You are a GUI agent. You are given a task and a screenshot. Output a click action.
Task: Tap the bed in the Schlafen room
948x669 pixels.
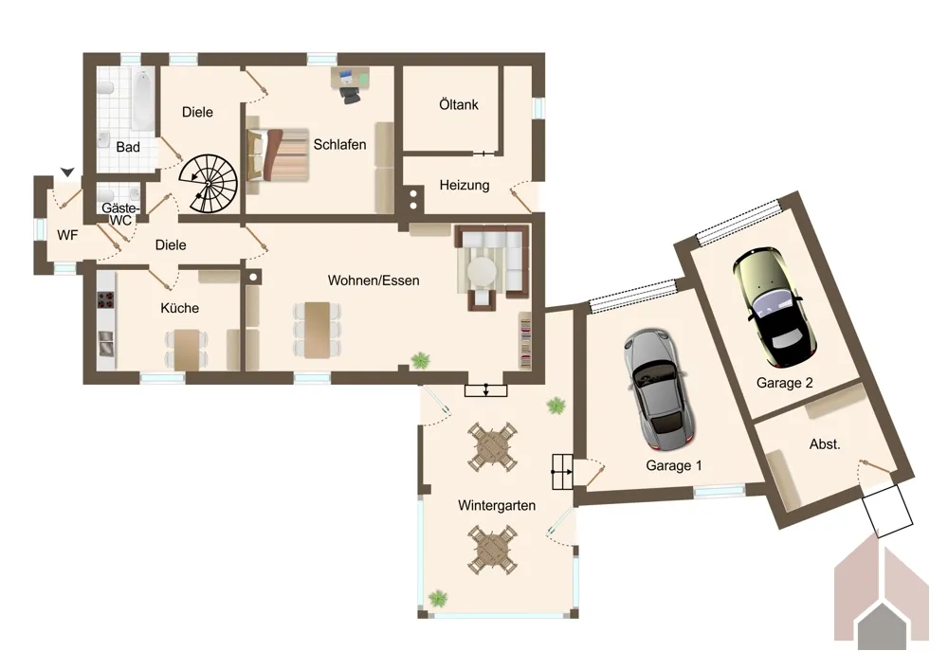[278, 154]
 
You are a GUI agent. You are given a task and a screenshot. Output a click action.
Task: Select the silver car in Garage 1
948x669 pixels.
[659, 389]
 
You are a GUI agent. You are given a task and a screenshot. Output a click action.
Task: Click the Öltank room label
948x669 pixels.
[459, 104]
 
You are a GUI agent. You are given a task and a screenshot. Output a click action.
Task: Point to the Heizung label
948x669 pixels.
[465, 185]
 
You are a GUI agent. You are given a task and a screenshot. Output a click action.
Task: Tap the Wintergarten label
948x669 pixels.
[497, 505]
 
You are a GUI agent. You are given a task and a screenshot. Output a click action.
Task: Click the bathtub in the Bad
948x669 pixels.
[143, 99]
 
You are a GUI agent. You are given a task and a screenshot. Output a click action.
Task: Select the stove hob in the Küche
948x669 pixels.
[106, 299]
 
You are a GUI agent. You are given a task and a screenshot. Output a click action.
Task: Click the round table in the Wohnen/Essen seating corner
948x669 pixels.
[483, 271]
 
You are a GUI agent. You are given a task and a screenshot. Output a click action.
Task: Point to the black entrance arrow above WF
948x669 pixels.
[67, 172]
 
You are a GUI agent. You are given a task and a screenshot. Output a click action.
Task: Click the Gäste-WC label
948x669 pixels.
[120, 214]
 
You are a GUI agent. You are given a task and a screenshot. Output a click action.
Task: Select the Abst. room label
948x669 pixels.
[825, 444]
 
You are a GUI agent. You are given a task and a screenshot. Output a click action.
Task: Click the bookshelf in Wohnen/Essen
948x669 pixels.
[525, 340]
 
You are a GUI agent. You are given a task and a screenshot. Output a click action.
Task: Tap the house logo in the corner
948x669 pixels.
[882, 594]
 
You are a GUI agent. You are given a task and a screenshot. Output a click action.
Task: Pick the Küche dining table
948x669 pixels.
[187, 350]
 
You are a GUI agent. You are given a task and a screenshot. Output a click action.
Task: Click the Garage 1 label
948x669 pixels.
[673, 465]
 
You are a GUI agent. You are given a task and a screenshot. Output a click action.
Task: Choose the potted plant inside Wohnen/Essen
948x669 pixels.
[420, 361]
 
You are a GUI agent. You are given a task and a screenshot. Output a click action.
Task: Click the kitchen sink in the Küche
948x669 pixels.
[106, 343]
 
